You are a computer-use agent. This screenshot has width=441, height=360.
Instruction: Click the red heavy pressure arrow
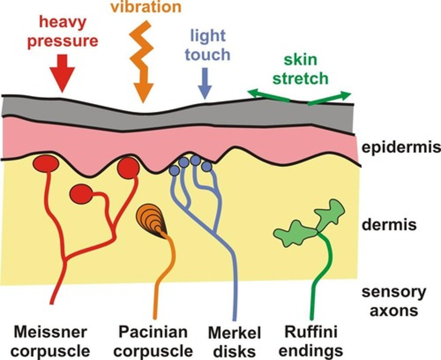(x=62, y=73)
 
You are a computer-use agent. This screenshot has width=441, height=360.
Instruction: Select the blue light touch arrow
(x=205, y=83)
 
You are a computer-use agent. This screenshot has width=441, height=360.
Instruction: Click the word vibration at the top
(x=146, y=7)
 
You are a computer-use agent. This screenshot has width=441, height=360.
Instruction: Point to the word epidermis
(x=401, y=147)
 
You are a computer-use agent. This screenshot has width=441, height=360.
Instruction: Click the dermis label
(x=389, y=225)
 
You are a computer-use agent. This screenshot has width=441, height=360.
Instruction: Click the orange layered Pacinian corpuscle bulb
(x=151, y=221)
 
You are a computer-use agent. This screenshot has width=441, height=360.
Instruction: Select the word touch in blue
(x=208, y=55)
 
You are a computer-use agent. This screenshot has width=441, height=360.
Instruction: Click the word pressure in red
(x=63, y=41)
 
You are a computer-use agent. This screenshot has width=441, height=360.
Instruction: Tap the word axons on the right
(x=394, y=310)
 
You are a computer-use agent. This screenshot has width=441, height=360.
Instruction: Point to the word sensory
(x=394, y=292)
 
